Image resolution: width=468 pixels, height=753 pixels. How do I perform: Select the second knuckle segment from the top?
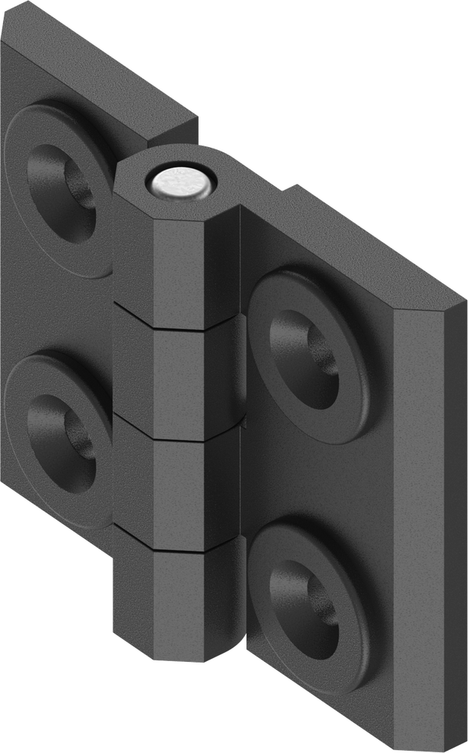point(177,375)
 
